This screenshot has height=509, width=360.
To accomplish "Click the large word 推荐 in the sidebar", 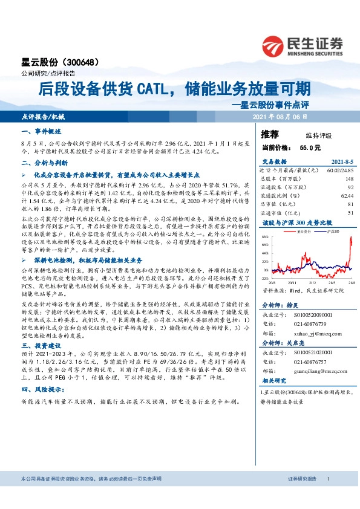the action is coord(270,134).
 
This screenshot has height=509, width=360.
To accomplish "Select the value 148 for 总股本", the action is coord(349,179).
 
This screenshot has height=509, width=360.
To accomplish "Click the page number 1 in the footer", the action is coord(328,496).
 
